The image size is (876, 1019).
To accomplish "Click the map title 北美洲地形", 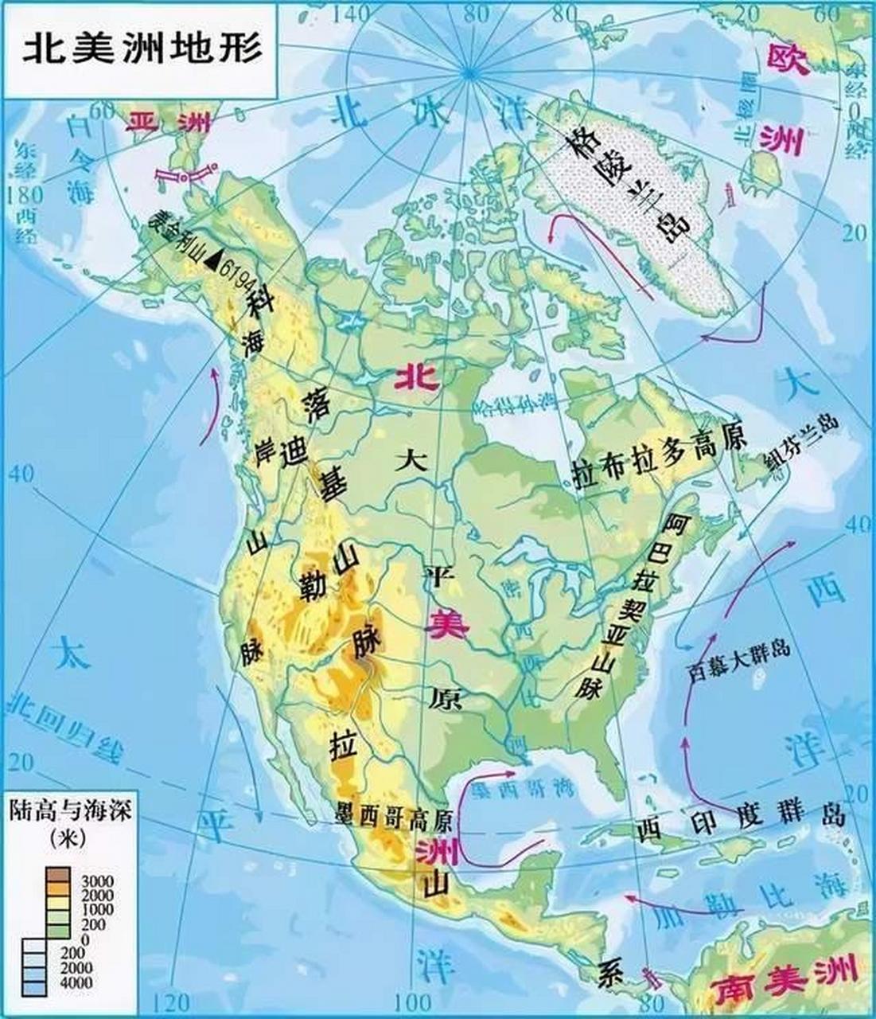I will click(141, 49).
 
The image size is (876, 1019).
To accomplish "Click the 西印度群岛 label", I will click(739, 820).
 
